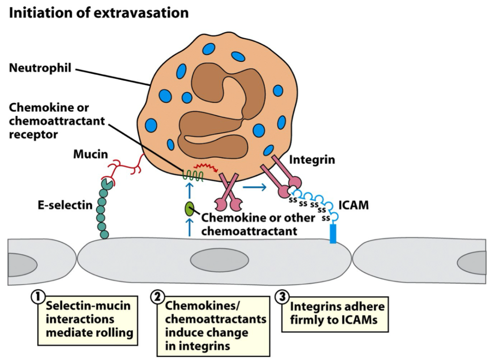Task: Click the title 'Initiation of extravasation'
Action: (99, 12)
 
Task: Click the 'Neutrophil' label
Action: (40, 69)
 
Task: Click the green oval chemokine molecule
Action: (190, 209)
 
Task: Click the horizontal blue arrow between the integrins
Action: (255, 188)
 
